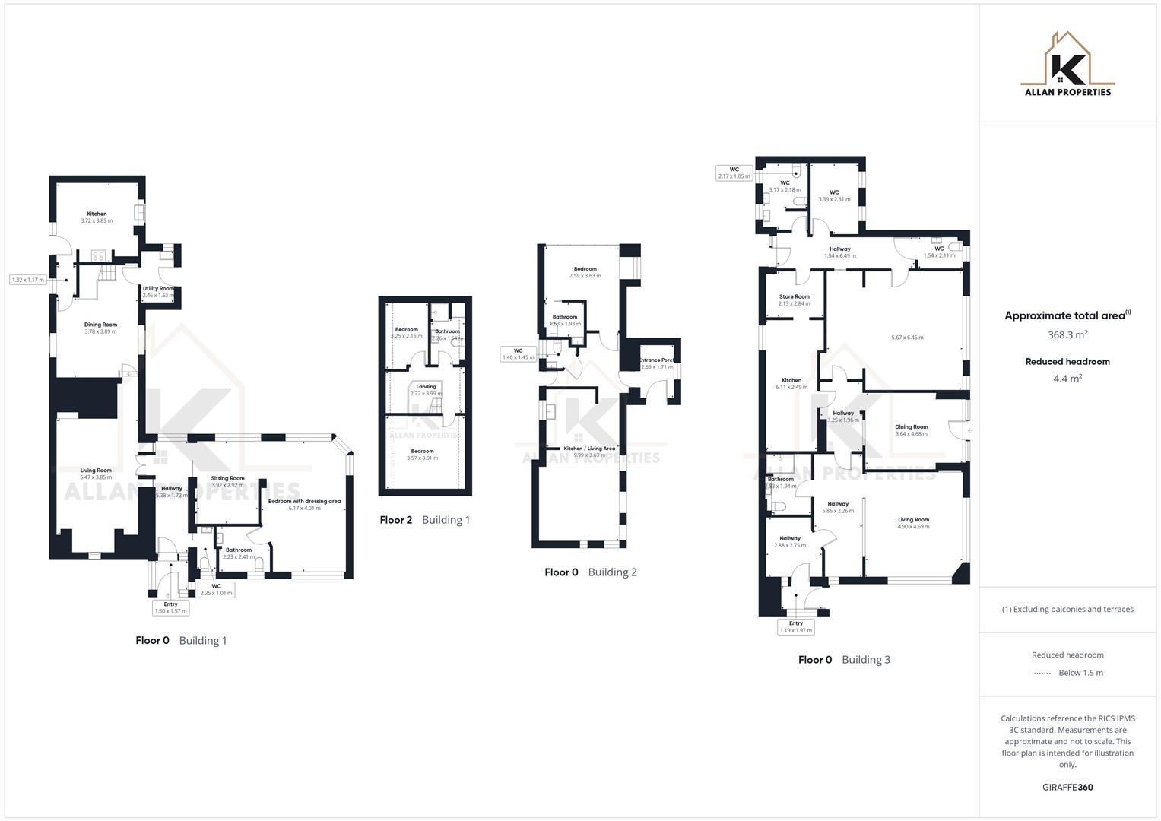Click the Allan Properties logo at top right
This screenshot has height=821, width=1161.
1067,65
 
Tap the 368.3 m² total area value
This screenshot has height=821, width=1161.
1067,334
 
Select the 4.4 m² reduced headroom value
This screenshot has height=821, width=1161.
1067,379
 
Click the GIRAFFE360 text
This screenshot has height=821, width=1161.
1067,787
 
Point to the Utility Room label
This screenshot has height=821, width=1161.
158,289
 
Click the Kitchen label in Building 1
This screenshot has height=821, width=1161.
97,214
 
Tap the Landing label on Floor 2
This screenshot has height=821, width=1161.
426,387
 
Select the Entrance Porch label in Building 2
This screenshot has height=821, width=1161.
656,360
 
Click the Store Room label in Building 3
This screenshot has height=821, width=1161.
794,296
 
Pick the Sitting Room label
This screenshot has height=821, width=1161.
227,478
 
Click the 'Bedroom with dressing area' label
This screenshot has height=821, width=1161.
304,501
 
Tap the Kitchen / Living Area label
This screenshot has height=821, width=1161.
589,449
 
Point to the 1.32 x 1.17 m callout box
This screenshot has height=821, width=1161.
27,280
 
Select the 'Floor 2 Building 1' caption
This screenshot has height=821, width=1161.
425,520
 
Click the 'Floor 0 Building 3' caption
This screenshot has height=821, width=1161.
844,660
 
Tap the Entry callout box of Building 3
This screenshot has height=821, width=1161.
795,626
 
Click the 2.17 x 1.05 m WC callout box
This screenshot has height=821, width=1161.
734,173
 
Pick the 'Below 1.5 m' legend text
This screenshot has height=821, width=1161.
1080,673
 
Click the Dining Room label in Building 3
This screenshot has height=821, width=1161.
911,427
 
